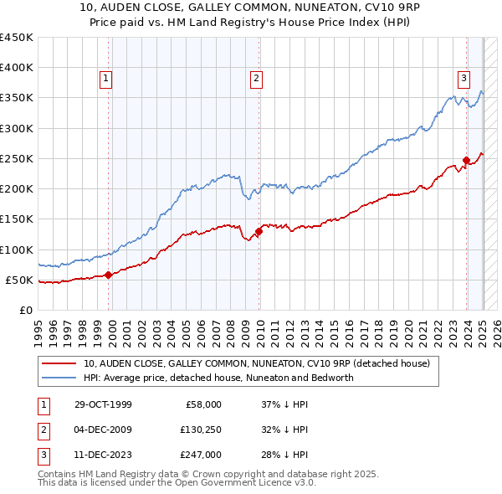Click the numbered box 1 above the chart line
point(108,80)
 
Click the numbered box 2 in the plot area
point(256,80)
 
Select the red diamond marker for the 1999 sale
point(109,275)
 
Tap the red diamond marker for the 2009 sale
point(258,231)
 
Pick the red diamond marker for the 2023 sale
point(466,161)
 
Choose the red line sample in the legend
point(58,364)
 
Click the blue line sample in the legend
point(58,378)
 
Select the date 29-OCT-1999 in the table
point(103,404)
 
